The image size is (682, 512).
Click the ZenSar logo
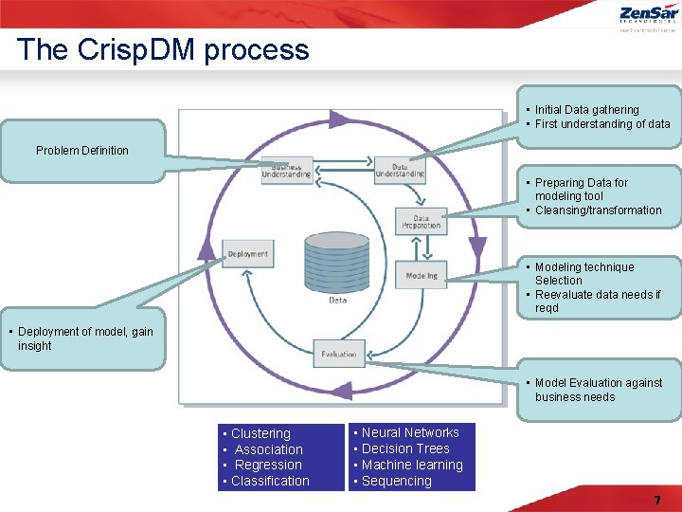648,16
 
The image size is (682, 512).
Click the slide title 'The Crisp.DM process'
163,49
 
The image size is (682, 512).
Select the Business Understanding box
286,170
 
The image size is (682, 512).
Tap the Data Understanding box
400,169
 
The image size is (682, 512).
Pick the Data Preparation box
422,222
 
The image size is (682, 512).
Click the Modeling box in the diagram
422,275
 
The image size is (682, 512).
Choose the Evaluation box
338,355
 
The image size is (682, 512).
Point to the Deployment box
248,253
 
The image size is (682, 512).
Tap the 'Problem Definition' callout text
82,151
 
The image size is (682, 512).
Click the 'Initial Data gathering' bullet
586,110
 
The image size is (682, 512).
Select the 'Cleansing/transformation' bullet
598,210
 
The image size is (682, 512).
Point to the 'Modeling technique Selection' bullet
583,274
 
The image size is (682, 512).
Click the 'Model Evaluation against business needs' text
598,390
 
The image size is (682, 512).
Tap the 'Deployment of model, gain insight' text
84,338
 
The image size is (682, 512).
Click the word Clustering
260,433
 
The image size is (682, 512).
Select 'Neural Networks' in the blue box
410,432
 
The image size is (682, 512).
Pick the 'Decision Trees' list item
405,448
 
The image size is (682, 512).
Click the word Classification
270,481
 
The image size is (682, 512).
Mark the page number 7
656,500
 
